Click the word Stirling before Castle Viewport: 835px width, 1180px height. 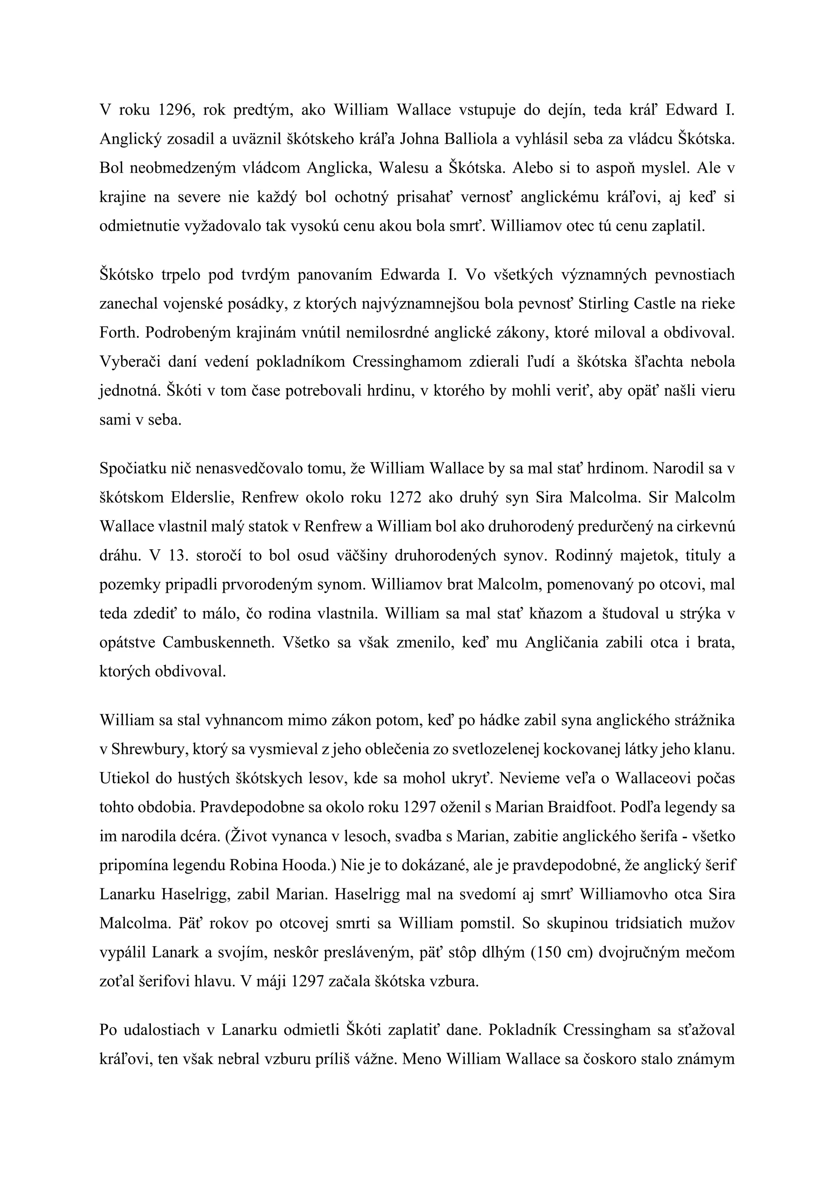click(603, 304)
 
